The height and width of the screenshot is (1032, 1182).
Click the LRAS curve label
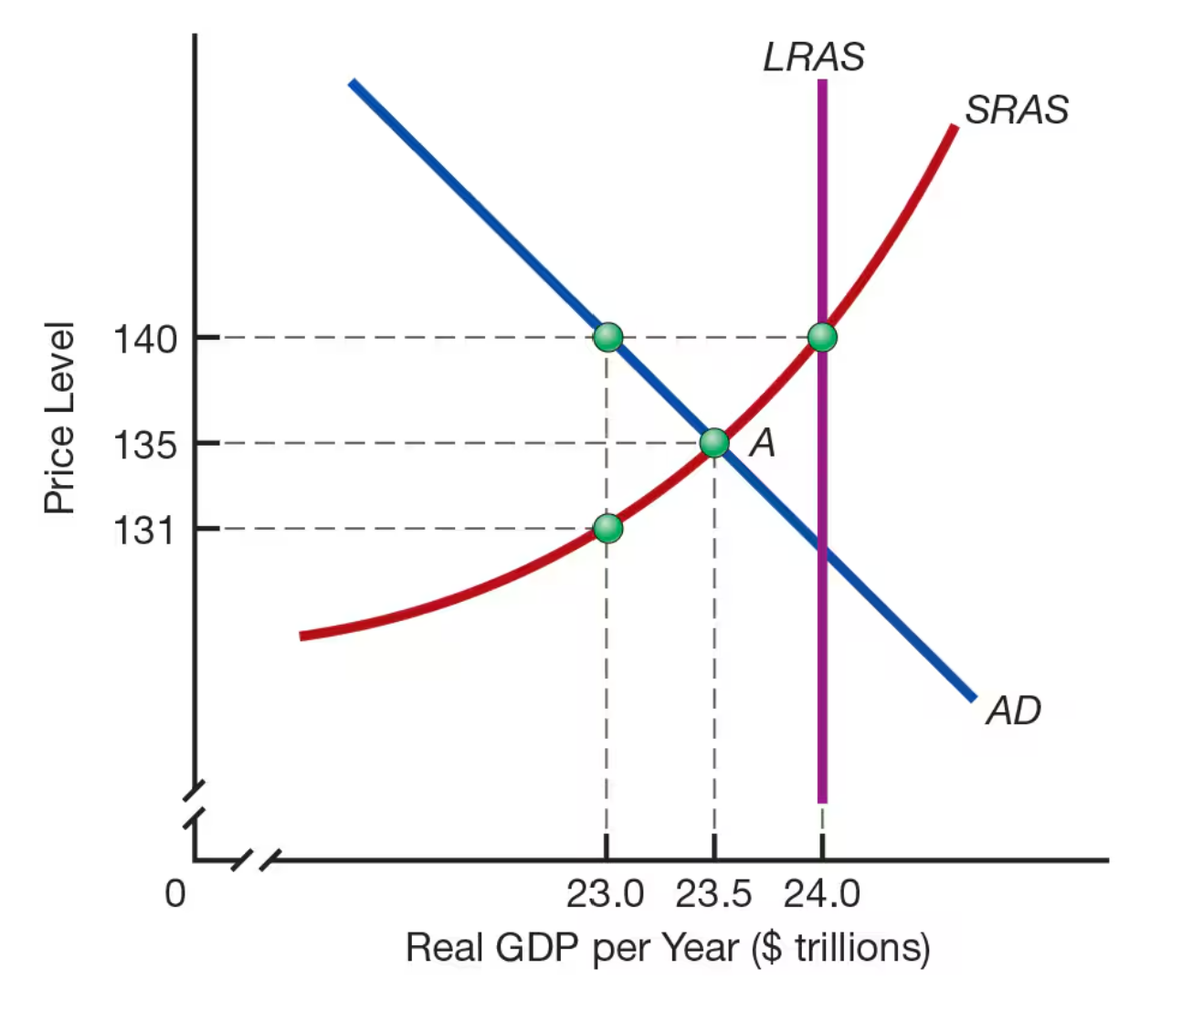pyautogui.click(x=813, y=57)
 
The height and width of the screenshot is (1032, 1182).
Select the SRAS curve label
pyautogui.click(x=1016, y=110)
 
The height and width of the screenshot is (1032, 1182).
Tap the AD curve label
pyautogui.click(x=1013, y=710)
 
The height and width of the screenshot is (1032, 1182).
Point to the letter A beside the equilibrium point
pyautogui.click(x=763, y=443)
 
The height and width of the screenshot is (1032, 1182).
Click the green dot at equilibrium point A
pyautogui.click(x=714, y=443)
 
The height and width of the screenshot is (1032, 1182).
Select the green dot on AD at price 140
pyautogui.click(x=607, y=337)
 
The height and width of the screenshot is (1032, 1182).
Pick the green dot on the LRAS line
pyautogui.click(x=822, y=337)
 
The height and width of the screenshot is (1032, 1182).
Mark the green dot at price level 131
pyautogui.click(x=607, y=528)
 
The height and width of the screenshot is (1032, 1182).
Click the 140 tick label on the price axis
pyautogui.click(x=144, y=339)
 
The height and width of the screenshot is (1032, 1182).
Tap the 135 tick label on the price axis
pyautogui.click(x=144, y=446)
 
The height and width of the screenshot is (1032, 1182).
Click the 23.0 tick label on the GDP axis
pyautogui.click(x=605, y=894)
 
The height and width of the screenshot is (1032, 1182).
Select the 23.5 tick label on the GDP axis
pyautogui.click(x=713, y=894)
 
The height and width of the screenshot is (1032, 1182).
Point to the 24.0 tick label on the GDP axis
pyautogui.click(x=822, y=894)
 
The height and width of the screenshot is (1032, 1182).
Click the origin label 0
pyautogui.click(x=174, y=893)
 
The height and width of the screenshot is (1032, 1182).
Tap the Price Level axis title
pyautogui.click(x=59, y=418)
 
